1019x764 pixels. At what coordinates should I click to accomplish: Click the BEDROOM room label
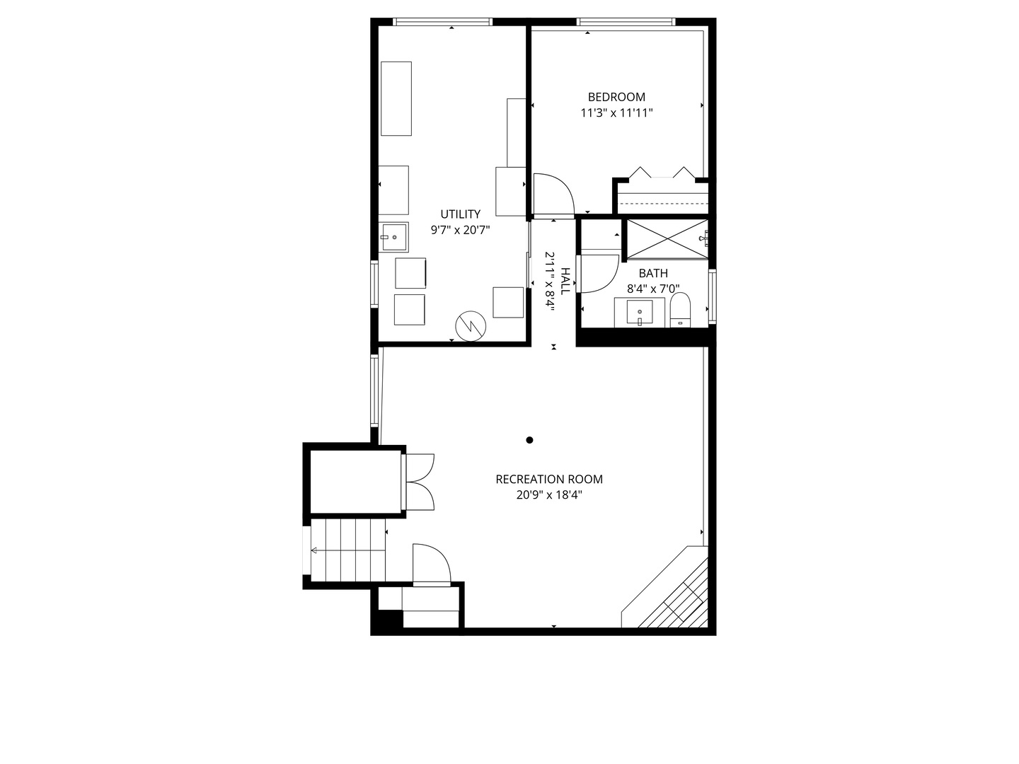(x=616, y=97)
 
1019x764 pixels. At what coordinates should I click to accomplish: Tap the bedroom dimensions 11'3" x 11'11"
(x=616, y=112)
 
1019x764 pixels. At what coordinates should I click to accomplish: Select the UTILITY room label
(x=460, y=214)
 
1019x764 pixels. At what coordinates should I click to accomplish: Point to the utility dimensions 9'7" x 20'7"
(x=460, y=229)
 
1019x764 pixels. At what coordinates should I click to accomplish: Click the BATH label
(x=652, y=273)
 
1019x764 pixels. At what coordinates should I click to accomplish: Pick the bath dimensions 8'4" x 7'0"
(x=652, y=289)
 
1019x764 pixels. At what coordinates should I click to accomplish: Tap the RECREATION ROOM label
(x=549, y=479)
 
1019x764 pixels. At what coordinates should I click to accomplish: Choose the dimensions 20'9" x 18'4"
(x=549, y=495)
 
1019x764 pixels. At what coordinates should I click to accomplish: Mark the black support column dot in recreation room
(x=529, y=440)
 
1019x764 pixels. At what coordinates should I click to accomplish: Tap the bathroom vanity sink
(x=640, y=311)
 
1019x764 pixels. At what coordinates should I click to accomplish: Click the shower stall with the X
(x=666, y=239)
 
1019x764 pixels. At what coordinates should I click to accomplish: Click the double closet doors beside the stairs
(x=420, y=482)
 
